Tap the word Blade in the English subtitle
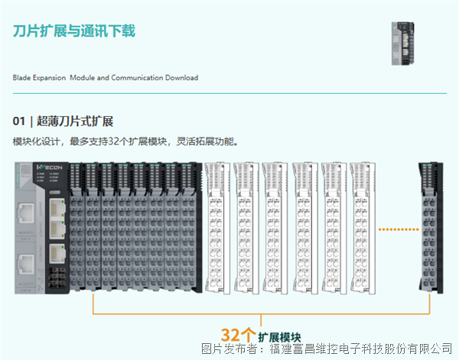pyautogui.click(x=21, y=78)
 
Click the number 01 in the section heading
pyautogui.click(x=19, y=122)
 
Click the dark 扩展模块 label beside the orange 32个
pyautogui.click(x=278, y=336)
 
